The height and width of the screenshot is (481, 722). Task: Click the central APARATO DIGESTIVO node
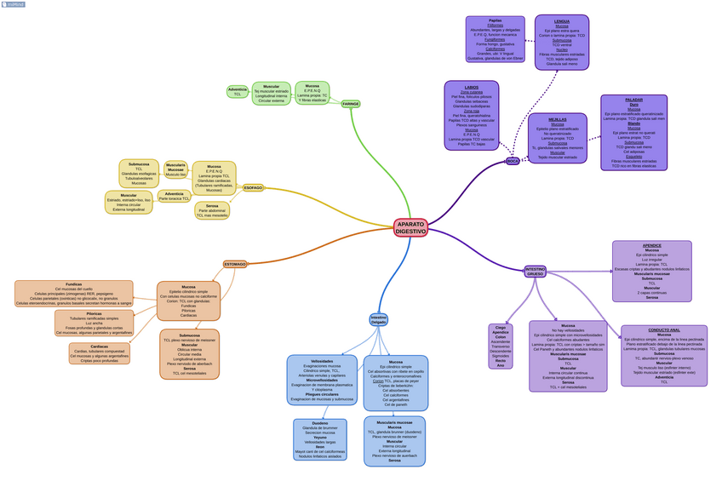click(x=410, y=227)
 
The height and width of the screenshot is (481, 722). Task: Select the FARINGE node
click(x=351, y=104)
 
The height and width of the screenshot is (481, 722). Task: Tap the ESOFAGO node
click(x=253, y=187)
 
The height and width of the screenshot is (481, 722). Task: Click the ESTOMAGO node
click(x=235, y=264)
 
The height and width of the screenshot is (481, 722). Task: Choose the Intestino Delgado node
click(x=378, y=320)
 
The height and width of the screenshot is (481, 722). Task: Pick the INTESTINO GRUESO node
click(x=535, y=272)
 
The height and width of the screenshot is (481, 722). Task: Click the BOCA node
click(x=513, y=160)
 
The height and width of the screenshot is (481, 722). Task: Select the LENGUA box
click(x=561, y=42)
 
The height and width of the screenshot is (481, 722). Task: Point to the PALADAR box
click(x=633, y=133)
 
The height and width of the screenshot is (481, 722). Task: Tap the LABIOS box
click(x=471, y=116)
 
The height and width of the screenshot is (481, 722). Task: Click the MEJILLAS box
click(x=557, y=138)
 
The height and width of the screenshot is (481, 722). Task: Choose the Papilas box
click(x=495, y=39)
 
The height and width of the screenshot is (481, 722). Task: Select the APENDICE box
click(x=651, y=271)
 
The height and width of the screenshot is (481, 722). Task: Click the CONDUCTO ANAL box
click(x=663, y=355)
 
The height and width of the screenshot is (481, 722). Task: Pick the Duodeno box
click(x=319, y=439)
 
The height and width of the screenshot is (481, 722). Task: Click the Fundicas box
click(x=74, y=293)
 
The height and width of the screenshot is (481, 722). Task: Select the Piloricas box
click(x=94, y=323)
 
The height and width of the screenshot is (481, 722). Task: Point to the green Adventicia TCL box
click(x=238, y=91)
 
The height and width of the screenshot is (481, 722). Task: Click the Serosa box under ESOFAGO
click(x=212, y=210)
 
